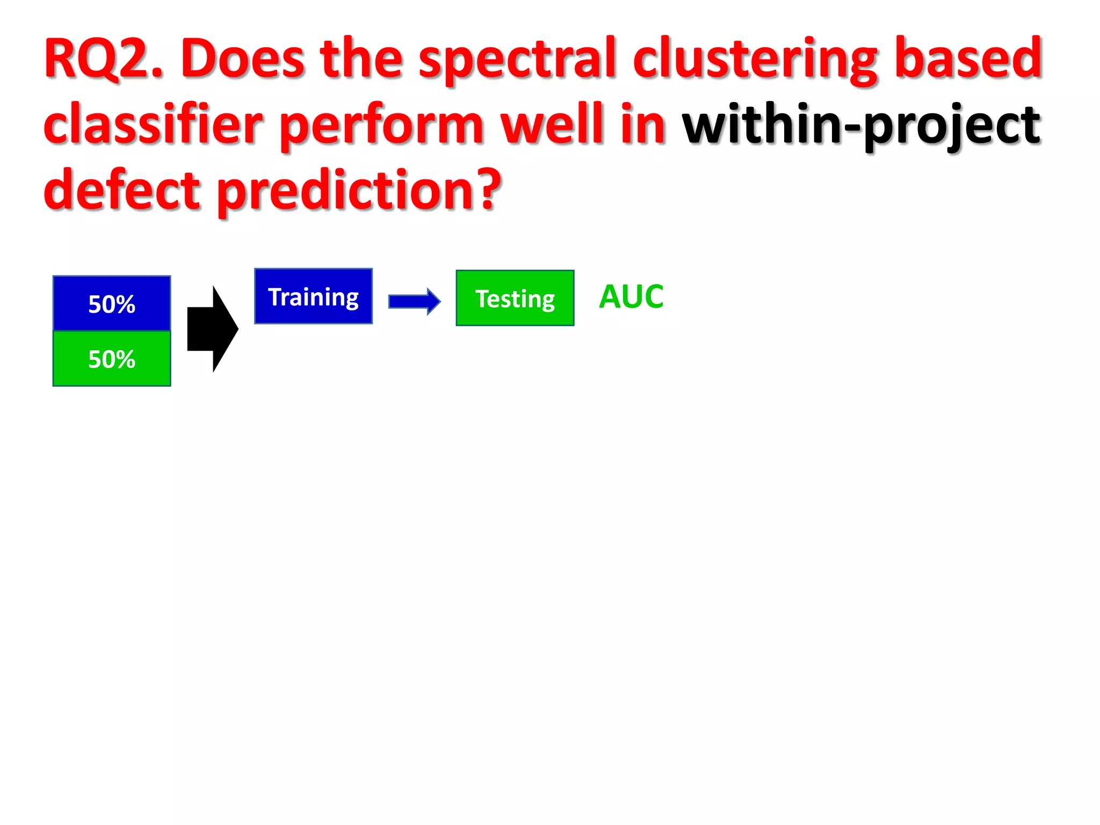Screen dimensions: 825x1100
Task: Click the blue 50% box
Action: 112,303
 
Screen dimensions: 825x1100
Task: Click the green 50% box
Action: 112,359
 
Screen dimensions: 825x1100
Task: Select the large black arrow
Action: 212,329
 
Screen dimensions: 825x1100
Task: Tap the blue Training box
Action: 313,296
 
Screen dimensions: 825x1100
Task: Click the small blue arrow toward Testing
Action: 414,301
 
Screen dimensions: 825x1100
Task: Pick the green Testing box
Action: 515,298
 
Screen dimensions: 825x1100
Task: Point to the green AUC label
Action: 631,296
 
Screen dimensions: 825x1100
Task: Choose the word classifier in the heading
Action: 153,125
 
